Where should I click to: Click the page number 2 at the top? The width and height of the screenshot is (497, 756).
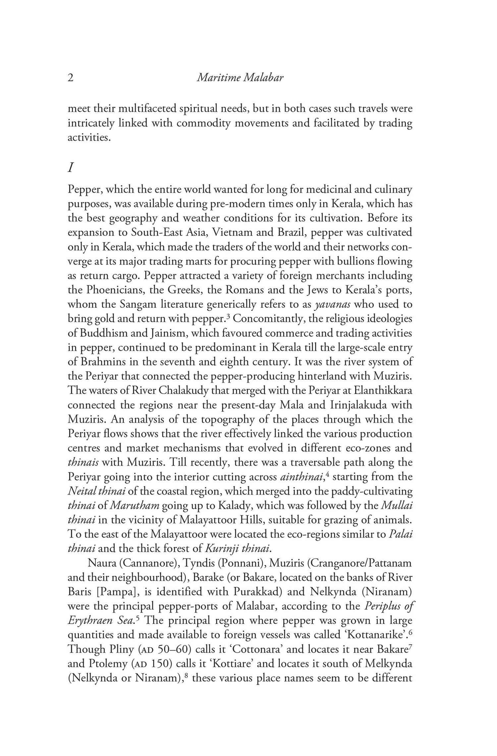[x=71, y=78]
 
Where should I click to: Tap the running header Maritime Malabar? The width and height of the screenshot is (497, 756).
[x=240, y=78]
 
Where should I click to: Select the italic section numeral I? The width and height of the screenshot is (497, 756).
[x=70, y=168]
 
